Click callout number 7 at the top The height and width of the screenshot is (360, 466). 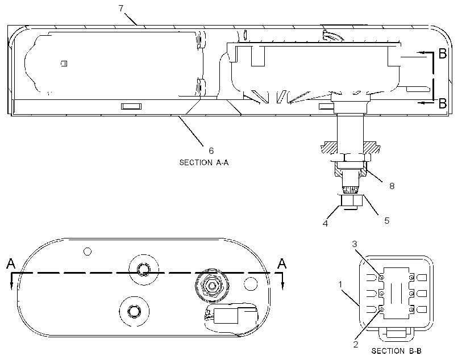[121, 9]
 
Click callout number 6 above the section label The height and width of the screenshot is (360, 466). [211, 151]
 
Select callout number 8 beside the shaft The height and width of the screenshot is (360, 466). [392, 186]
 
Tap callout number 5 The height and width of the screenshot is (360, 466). [386, 221]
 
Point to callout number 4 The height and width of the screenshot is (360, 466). [326, 223]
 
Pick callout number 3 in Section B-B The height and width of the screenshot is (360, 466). [354, 244]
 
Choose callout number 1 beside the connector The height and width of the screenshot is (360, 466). [340, 284]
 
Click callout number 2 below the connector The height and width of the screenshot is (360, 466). [355, 345]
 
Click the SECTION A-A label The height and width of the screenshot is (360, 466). [204, 162]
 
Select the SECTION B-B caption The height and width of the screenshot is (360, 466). [397, 351]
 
